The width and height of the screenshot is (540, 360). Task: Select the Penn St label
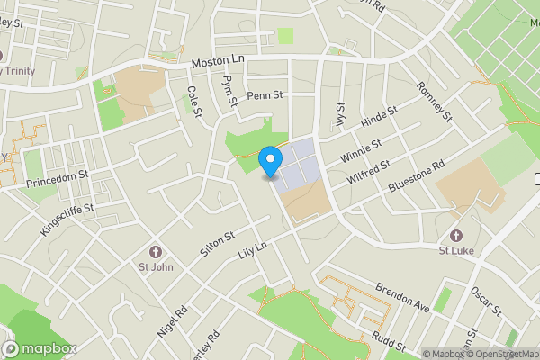click(265, 94)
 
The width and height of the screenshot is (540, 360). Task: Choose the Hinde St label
click(379, 120)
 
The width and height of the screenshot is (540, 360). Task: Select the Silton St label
click(217, 244)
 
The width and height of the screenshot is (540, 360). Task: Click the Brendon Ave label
click(403, 298)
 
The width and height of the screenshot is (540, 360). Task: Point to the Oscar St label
click(487, 301)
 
